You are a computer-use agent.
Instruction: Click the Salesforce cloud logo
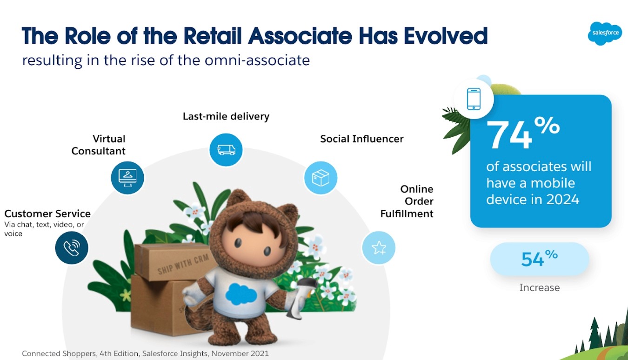click(605, 33)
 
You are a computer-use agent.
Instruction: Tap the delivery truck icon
click(226, 150)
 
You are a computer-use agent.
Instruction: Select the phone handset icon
click(72, 248)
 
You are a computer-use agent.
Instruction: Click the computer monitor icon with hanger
click(127, 178)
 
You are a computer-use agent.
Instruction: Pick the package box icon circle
click(321, 178)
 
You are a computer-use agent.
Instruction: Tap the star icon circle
click(379, 248)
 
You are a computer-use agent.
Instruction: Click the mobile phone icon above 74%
click(474, 99)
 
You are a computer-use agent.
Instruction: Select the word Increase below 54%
click(540, 287)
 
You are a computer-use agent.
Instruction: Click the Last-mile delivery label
click(226, 116)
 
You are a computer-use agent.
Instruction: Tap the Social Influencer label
click(361, 139)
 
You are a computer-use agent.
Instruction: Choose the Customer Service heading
click(47, 213)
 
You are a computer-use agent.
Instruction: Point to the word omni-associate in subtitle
click(257, 60)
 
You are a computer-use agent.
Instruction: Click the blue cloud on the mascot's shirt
click(241, 293)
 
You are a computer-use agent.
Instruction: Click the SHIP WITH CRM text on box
click(183, 264)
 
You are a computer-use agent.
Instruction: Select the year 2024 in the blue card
click(562, 200)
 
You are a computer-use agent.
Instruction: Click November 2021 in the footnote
click(240, 353)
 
